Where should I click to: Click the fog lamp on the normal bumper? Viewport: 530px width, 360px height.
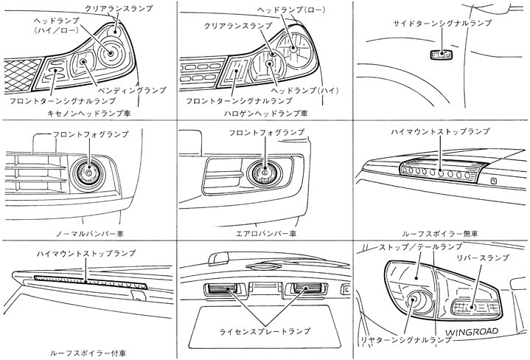(88, 173)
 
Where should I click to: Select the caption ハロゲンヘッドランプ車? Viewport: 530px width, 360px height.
(265, 114)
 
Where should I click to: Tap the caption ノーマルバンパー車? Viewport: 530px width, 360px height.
(89, 233)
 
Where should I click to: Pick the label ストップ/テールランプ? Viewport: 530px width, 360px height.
(420, 246)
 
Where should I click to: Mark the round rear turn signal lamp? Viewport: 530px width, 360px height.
(418, 301)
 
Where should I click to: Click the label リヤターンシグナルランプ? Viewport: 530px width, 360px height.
(405, 340)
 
